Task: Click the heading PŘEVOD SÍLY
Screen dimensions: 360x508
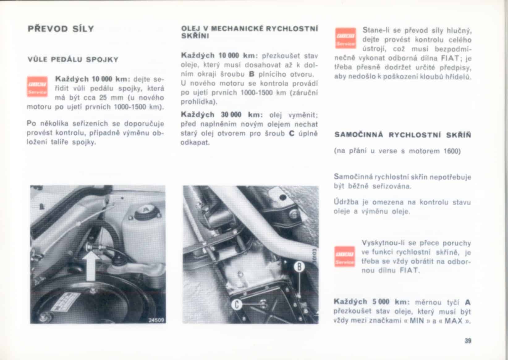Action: point(61,29)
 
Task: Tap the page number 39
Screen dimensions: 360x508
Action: point(468,341)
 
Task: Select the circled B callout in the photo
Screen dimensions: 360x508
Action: point(299,266)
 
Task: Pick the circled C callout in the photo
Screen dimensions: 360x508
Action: point(236,304)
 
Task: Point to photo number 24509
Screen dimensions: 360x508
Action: point(156,320)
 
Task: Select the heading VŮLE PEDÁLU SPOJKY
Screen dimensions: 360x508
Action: point(73,60)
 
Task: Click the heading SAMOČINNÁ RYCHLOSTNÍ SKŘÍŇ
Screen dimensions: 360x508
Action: point(403,135)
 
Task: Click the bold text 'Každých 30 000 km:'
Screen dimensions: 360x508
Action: point(221,115)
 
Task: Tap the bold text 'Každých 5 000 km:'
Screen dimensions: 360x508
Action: point(371,302)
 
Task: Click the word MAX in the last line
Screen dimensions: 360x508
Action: point(453,321)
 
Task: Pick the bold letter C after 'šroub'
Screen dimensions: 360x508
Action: point(291,133)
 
